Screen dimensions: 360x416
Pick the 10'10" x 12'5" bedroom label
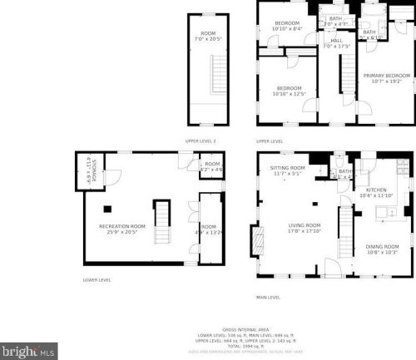289,91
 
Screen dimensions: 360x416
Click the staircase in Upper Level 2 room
219,74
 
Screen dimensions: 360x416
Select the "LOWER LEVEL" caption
97,280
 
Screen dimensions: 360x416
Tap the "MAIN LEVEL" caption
268,296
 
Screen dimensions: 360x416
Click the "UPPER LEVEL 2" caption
201,141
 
